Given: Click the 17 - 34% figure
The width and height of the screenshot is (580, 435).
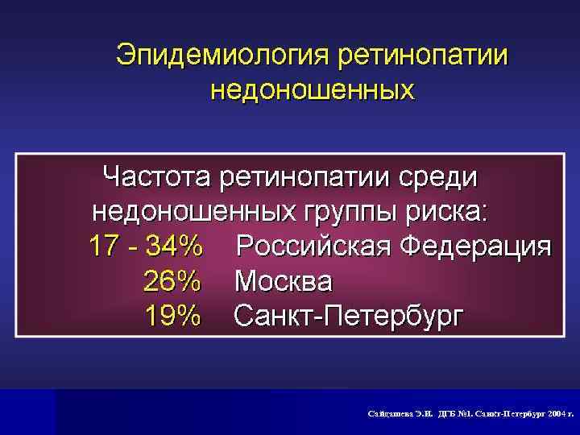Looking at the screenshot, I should [144, 246].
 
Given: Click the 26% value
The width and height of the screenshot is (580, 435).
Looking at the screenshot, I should [171, 281].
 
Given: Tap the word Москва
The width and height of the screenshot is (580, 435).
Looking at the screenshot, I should [283, 281].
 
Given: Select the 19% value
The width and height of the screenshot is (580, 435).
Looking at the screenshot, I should [171, 317].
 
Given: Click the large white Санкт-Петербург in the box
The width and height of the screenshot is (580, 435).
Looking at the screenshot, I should [349, 317].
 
